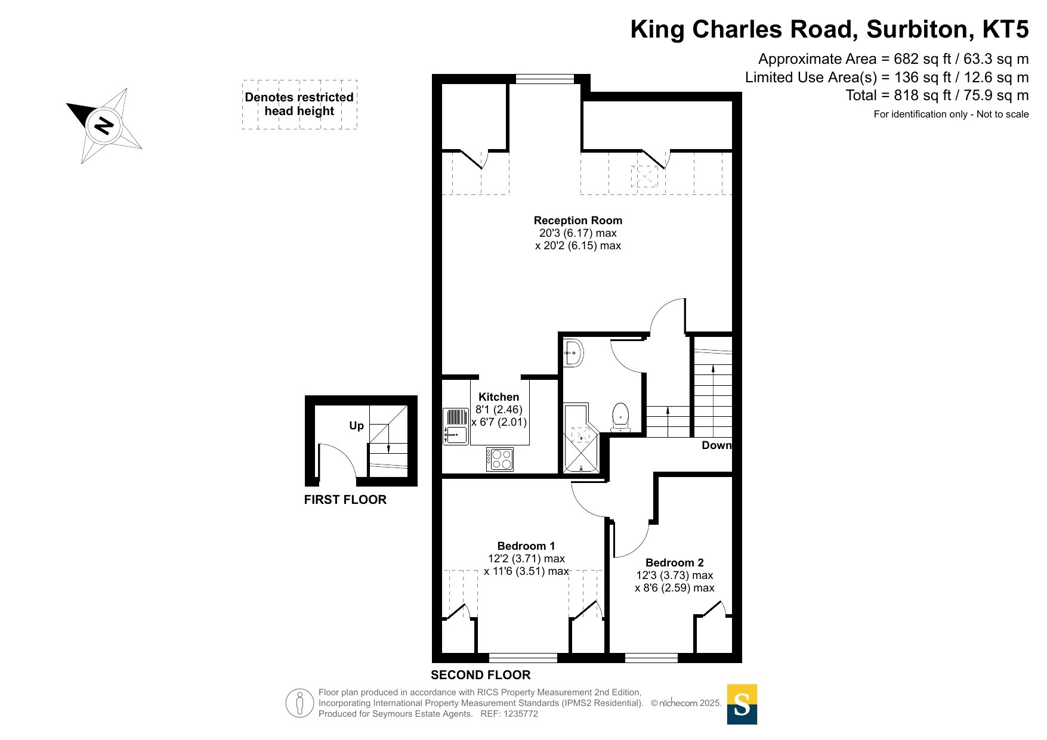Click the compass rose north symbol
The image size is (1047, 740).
104,126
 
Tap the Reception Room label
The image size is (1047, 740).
577,221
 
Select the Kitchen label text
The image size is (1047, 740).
499,397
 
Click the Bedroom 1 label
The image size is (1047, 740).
526,546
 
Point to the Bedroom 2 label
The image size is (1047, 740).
675,563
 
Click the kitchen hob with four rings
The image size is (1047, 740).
500,459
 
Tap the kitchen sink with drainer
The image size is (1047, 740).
456,426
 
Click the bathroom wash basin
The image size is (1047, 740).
573,353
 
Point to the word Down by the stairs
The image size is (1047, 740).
716,445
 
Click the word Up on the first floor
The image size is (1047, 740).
356,426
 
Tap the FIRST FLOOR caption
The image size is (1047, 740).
345,500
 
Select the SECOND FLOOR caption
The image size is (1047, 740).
481,675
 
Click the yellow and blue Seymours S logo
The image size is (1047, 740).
742,704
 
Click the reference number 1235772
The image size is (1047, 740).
521,714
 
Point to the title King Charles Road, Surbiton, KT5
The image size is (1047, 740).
830,29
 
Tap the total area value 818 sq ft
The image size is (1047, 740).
922,95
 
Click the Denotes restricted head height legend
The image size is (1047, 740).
299,104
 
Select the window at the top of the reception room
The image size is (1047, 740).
545,78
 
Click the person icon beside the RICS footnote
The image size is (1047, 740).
299,703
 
